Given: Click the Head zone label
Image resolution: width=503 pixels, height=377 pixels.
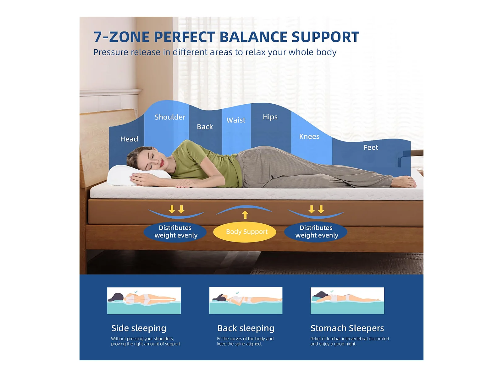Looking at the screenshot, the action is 129,139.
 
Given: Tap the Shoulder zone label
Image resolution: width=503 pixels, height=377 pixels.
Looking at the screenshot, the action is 170,117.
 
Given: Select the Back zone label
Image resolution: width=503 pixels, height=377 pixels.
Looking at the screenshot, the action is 205,127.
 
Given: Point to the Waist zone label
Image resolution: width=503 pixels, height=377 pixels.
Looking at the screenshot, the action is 236,120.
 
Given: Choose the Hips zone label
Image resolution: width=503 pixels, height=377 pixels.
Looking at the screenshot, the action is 270,117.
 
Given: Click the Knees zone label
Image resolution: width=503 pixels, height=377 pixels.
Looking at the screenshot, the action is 309,136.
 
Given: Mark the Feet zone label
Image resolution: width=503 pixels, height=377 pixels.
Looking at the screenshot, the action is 371,147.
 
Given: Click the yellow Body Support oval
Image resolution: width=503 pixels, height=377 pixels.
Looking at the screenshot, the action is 245,232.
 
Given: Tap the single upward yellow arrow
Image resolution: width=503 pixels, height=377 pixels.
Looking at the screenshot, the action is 245,215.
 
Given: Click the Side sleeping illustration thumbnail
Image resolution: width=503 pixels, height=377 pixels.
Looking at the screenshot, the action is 144,301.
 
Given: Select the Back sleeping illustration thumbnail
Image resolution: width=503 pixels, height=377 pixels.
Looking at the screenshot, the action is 246,301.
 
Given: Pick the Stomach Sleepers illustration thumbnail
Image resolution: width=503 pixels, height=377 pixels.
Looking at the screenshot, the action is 347,301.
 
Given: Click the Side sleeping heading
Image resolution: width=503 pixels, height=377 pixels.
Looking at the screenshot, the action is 139,328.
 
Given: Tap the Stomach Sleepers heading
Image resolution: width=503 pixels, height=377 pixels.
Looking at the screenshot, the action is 347,328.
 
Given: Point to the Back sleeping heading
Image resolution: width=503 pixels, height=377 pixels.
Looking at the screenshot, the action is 246,328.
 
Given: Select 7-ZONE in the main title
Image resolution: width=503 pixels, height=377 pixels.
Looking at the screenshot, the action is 121,37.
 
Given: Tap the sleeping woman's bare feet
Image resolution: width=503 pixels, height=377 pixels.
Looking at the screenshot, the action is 403,182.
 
